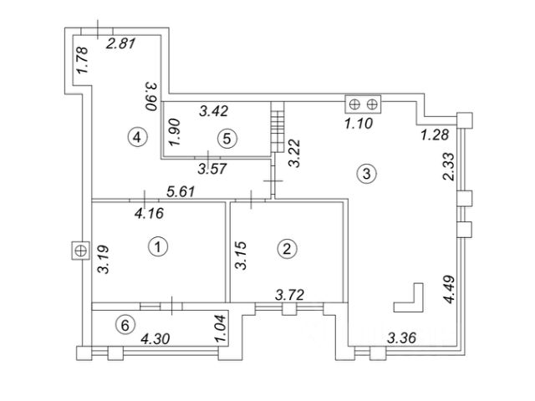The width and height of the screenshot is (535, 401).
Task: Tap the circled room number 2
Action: [287, 248]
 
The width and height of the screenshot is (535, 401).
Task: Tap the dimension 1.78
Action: [82, 62]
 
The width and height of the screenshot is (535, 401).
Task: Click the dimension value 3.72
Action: [291, 293]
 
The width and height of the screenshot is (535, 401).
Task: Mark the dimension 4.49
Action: [449, 289]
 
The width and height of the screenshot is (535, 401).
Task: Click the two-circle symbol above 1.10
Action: [364, 104]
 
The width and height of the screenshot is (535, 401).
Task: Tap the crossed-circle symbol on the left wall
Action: [80, 250]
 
